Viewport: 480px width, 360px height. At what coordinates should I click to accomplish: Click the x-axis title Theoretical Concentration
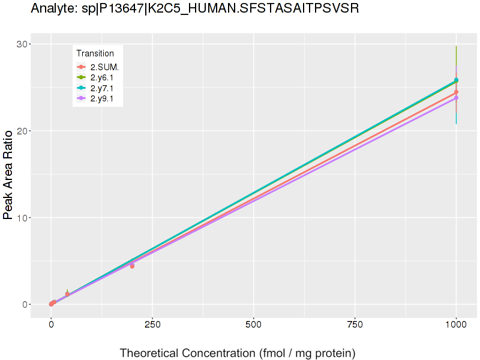[238, 353]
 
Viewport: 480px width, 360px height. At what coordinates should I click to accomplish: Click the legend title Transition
[95, 53]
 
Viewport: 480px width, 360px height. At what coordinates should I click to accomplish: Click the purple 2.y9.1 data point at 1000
[456, 98]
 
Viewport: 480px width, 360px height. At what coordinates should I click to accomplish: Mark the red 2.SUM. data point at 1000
[456, 92]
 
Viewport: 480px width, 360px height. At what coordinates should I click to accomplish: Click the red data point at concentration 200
[132, 266]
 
